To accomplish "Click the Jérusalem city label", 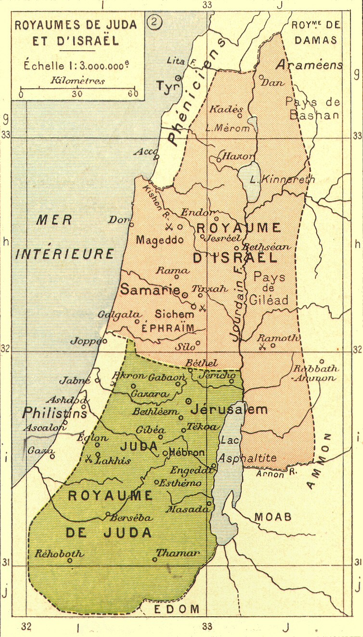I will (229, 410).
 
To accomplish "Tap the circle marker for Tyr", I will (178, 78).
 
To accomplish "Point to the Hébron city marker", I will (165, 453).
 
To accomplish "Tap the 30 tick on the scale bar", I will (77, 90).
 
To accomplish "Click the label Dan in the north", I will (272, 82).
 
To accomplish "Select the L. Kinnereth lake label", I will (282, 179).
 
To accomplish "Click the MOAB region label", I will (273, 517).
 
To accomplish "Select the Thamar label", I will (178, 553).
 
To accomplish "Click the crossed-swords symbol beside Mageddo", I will (169, 227).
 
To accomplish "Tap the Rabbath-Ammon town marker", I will (322, 361).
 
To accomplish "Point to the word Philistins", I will (54, 413).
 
